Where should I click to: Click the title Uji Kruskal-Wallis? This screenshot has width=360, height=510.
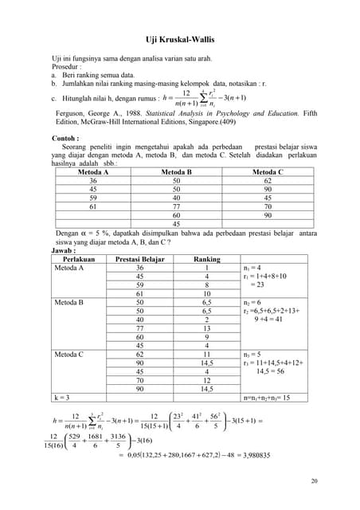click(180, 37)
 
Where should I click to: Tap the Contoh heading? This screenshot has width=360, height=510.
click(65, 138)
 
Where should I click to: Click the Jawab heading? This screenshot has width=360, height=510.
click(63, 249)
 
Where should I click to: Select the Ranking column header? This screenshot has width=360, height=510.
click(206, 259)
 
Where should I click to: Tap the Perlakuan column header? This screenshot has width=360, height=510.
click(79, 259)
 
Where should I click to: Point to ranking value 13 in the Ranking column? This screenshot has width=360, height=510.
click(206, 328)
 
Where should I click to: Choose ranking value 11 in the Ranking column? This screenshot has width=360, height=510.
click(206, 353)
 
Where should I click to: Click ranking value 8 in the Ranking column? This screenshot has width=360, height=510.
click(206, 284)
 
